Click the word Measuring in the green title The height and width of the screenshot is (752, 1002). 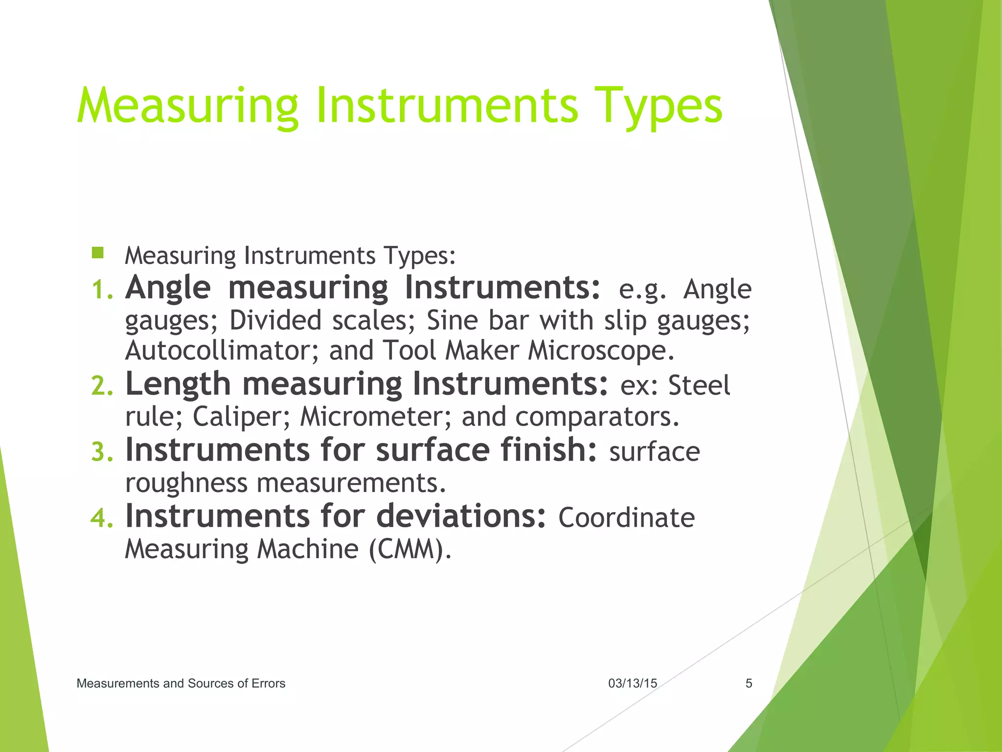[187, 107]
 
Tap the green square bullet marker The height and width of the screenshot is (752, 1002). [98, 253]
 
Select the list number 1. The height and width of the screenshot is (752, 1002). [102, 290]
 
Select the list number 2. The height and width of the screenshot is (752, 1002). [102, 386]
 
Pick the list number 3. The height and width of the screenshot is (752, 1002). [102, 452]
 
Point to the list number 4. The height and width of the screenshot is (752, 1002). [102, 518]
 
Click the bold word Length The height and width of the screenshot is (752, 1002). [178, 384]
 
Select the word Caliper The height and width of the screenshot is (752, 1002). [242, 417]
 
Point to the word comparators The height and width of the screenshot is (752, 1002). [597, 417]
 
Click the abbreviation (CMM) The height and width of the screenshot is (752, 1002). [410, 549]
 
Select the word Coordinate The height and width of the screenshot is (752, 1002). [626, 518]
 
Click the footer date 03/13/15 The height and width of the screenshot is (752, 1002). [633, 683]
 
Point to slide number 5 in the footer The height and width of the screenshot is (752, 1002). [749, 683]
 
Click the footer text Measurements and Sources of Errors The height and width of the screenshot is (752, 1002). [181, 683]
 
